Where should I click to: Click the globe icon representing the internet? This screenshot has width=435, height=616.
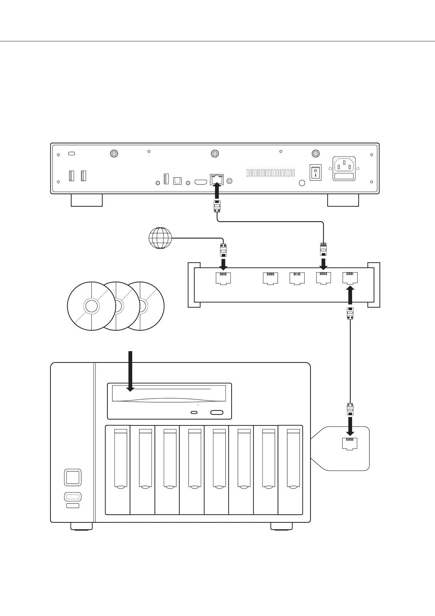(x=160, y=238)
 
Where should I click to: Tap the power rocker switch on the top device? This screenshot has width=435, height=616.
(x=315, y=172)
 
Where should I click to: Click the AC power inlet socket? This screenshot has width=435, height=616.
(x=344, y=169)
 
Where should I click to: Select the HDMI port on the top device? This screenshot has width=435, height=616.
(x=201, y=181)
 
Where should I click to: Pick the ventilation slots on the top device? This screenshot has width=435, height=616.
(x=270, y=173)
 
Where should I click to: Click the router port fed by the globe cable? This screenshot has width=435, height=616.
(x=224, y=278)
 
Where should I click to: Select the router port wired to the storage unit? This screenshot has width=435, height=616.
(x=350, y=278)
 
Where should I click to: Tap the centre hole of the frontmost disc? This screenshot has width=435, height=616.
(x=91, y=306)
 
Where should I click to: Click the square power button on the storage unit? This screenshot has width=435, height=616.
(x=73, y=477)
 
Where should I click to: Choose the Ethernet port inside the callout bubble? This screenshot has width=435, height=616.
(x=350, y=443)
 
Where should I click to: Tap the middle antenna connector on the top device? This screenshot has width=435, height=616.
(x=215, y=154)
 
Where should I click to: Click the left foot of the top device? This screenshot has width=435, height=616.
(x=87, y=200)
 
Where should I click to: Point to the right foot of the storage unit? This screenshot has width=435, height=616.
(x=281, y=526)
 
